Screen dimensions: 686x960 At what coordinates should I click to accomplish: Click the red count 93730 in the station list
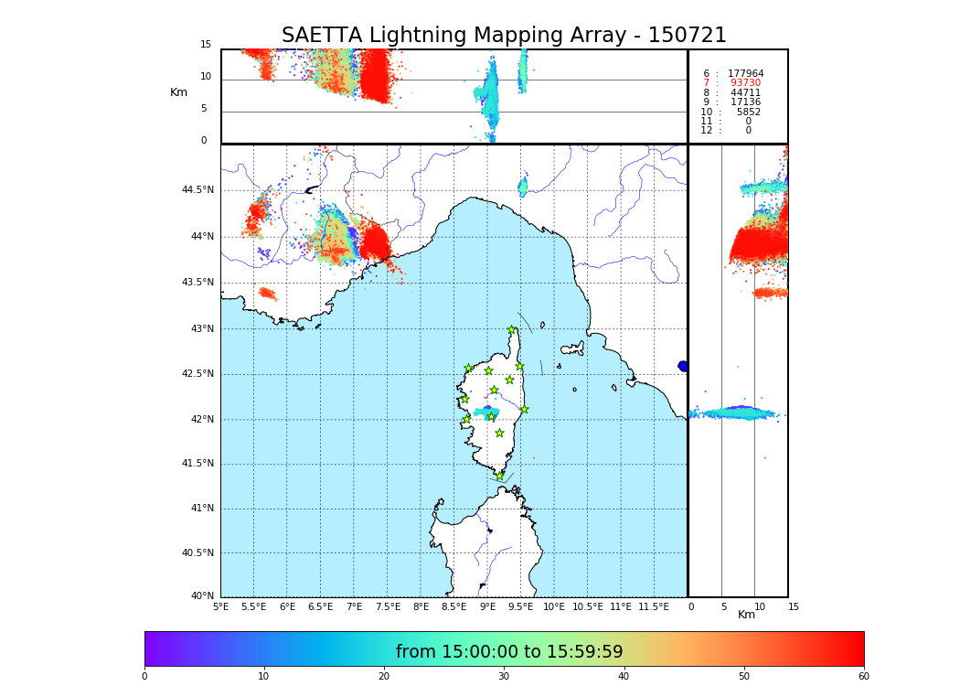[x=745, y=83]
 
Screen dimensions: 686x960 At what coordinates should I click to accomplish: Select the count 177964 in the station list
[x=745, y=74]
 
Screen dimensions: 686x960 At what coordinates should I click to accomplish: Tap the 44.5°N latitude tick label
[x=197, y=190]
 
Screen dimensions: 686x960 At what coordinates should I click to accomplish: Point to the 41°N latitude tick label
[x=200, y=509]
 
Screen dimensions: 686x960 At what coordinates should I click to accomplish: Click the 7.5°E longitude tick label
[x=387, y=607]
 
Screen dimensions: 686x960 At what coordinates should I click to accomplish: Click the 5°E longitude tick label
[x=220, y=607]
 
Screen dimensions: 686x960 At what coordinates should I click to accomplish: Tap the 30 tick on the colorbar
[x=504, y=677]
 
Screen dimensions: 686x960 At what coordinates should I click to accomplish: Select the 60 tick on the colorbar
[x=863, y=677]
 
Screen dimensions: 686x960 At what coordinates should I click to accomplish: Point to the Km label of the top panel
[x=178, y=92]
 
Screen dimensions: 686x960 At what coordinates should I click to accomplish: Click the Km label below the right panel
[x=746, y=615]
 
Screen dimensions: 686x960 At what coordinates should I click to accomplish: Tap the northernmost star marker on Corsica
[x=512, y=330]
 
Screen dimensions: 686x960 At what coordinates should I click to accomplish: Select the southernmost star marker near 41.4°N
[x=499, y=476]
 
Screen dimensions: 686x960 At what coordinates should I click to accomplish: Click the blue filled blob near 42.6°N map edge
[x=682, y=366]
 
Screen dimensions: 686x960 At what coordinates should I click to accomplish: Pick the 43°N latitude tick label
[x=200, y=329]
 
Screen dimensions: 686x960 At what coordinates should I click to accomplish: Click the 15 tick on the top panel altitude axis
[x=206, y=45]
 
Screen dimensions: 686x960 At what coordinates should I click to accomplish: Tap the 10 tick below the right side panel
[x=760, y=607]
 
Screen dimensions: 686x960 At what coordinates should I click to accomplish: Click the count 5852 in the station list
[x=748, y=113]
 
